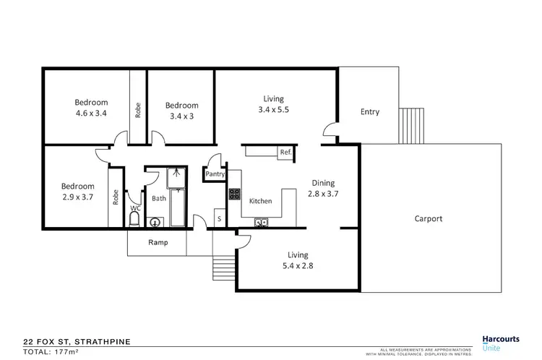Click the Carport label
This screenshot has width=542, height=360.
(429, 218)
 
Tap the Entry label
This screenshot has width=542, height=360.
(369, 112)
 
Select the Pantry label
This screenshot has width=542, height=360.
(215, 174)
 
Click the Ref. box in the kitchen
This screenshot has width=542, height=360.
(285, 152)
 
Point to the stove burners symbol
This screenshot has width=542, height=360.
(235, 194)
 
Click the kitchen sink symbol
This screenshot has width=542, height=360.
(263, 221)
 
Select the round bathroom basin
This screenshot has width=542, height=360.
(155, 223)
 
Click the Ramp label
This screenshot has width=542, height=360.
(158, 242)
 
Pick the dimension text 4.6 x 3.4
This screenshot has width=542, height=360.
(91, 113)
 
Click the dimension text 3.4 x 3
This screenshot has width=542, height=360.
(181, 116)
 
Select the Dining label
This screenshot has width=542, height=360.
(323, 183)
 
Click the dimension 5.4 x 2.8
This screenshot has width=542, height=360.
(298, 265)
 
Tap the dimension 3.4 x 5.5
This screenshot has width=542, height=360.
(273, 110)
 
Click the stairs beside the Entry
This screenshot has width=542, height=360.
(412, 126)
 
